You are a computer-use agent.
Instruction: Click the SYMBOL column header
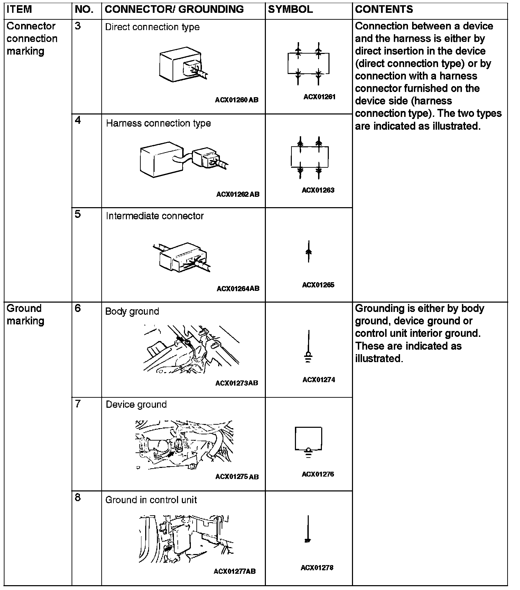290,9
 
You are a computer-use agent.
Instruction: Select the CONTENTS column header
384,9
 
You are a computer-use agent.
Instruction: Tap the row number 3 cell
78,26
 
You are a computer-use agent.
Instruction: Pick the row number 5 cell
78,214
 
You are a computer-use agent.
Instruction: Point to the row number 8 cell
78,498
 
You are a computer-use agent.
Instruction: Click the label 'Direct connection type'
152,27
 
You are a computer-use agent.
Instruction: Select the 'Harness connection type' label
158,123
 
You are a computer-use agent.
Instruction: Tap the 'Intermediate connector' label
155,216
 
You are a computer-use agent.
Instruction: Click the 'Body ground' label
132,311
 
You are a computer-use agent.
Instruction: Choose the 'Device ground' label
136,405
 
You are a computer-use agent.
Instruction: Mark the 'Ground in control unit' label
151,500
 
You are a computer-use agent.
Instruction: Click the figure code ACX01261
319,97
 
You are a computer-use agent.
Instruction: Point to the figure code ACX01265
318,285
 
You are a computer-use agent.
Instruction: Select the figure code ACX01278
317,568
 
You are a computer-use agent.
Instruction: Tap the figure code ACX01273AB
236,383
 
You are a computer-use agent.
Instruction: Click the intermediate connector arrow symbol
309,251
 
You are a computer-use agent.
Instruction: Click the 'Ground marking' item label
25,314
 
